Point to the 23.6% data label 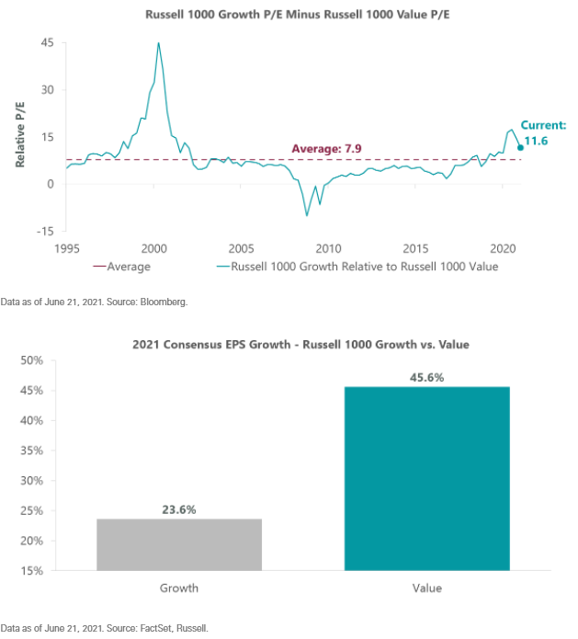(178, 509)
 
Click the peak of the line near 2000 (158, 42)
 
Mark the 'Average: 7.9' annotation (329, 148)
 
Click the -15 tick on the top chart (44, 230)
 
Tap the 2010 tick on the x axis (328, 248)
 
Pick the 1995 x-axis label (66, 248)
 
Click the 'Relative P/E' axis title (19, 135)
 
